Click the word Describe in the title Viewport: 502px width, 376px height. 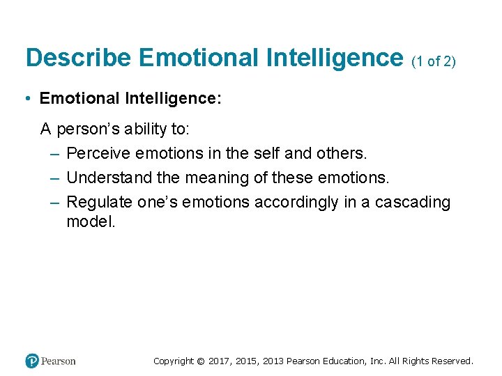[77, 58]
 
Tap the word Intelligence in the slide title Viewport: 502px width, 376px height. [334, 58]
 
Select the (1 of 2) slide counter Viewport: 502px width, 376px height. [434, 61]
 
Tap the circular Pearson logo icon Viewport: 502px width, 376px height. [32, 361]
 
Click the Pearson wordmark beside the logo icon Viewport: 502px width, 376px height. [59, 361]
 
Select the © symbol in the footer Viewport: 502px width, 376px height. [201, 361]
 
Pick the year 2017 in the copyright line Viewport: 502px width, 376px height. [219, 361]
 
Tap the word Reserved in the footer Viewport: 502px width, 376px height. [452, 361]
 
